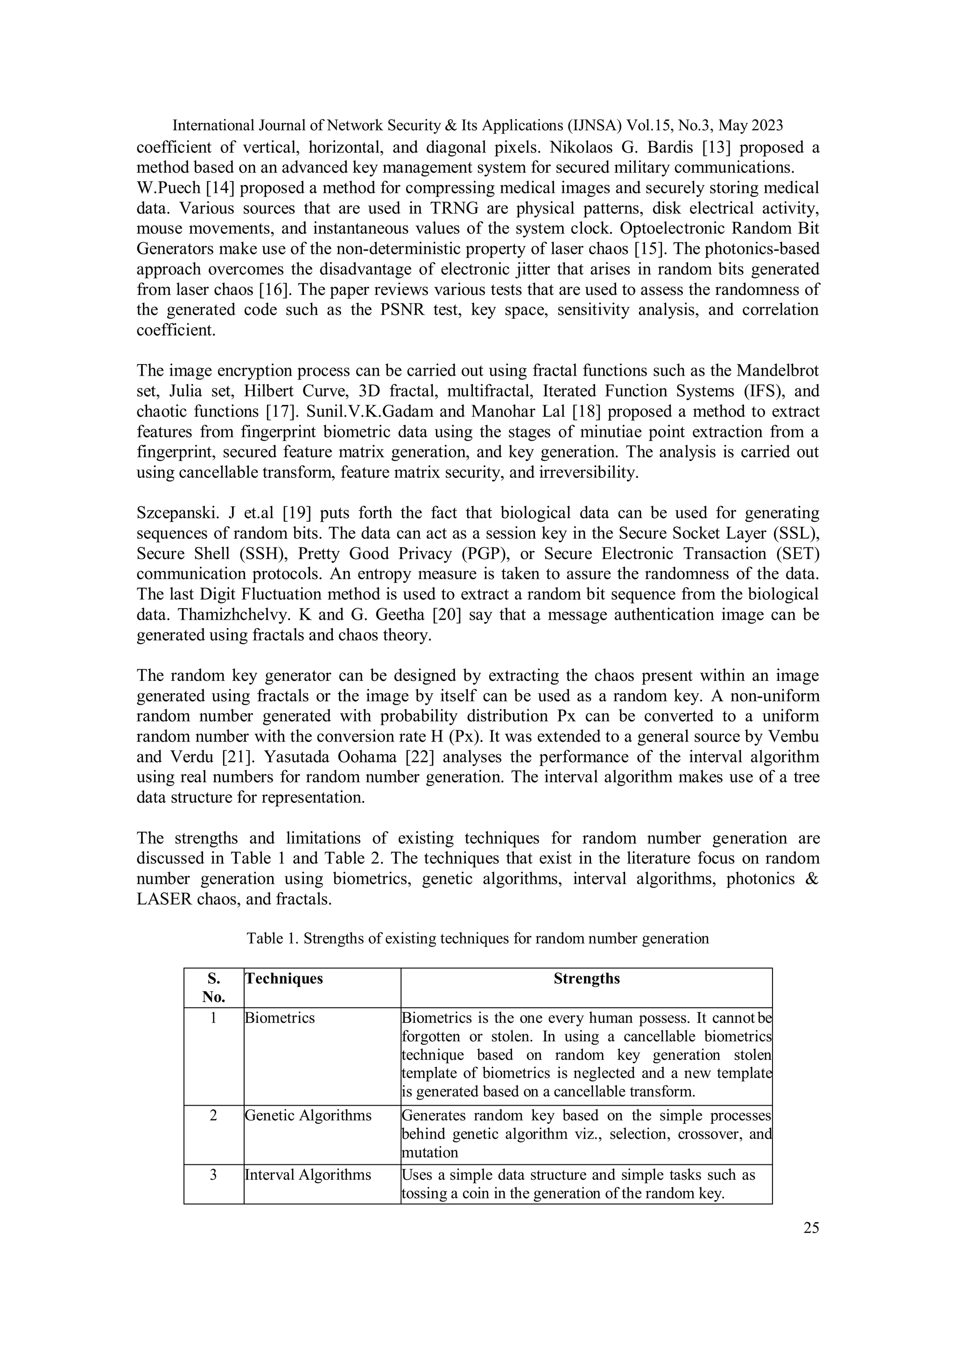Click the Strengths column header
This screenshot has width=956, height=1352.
click(586, 978)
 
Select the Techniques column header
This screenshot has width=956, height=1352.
click(284, 978)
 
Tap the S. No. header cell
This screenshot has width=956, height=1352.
click(214, 988)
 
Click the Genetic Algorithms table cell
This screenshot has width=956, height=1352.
click(308, 1116)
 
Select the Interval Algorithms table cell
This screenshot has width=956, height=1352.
click(308, 1175)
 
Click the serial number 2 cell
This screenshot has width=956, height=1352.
click(214, 1116)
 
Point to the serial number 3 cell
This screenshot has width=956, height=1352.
click(214, 1175)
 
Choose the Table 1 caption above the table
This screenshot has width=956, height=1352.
click(477, 938)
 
